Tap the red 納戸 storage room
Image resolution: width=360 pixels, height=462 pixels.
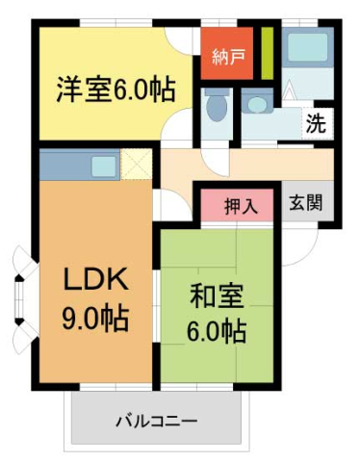click(x=228, y=55)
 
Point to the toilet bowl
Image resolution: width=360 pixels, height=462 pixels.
click(x=216, y=108)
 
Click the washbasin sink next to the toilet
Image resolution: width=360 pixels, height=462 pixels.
click(x=256, y=103)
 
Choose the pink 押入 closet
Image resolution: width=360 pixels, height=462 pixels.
click(x=241, y=205)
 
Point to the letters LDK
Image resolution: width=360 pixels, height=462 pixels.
click(x=94, y=279)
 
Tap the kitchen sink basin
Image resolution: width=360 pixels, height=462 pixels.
click(x=104, y=167)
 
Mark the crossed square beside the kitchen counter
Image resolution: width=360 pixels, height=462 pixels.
click(x=136, y=166)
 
